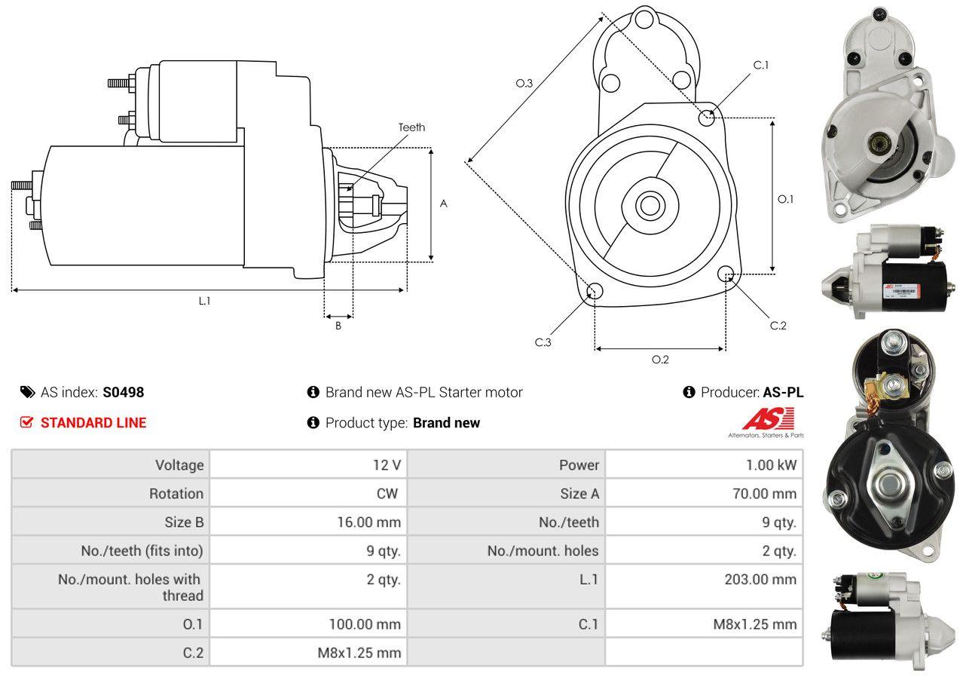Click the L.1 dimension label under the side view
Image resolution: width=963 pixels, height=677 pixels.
205,301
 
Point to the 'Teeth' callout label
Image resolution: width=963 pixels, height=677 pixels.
411,127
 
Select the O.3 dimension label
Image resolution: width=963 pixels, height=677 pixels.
524,83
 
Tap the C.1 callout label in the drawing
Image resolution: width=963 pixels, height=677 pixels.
760,65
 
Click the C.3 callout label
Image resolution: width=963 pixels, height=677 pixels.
543,342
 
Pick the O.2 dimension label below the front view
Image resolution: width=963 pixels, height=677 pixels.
660,360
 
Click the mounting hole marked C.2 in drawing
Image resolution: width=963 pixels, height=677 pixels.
726,273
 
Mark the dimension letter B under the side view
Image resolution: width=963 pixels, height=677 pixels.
338,326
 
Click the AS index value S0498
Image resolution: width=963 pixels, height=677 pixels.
124,392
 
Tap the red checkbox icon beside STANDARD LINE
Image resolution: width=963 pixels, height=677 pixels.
26,422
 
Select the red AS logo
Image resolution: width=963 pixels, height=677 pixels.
768,420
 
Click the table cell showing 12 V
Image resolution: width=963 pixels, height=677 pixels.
308,464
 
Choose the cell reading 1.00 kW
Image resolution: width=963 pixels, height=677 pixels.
705,464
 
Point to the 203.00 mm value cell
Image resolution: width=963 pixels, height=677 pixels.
705,587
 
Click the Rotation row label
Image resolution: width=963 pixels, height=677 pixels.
176,493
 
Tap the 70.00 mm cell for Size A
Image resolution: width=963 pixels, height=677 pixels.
705,493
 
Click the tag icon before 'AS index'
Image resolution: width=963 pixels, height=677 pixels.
28,392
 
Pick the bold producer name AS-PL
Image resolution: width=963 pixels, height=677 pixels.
784,392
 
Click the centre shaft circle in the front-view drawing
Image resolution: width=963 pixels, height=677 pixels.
650,206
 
